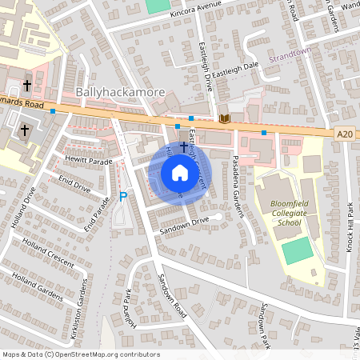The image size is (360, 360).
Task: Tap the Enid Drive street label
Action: coord(75,185)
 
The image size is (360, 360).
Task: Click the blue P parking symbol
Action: coord(123,196)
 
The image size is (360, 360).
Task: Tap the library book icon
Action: coord(224,118)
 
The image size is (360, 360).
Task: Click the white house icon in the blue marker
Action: coord(180,173)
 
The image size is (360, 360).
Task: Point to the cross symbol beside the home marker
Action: coord(184,146)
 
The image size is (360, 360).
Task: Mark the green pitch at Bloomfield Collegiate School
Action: coord(298,252)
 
